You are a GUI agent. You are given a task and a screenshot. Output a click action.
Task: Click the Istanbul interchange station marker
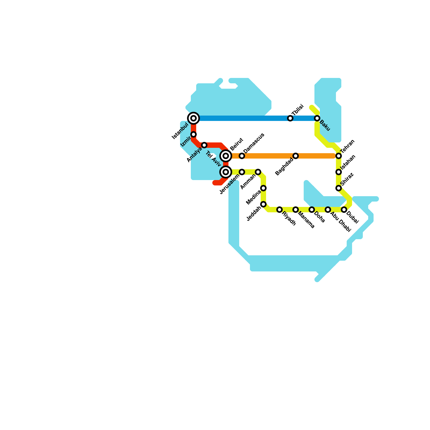(193, 118)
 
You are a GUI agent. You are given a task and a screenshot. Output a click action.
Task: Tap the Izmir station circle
(193, 134)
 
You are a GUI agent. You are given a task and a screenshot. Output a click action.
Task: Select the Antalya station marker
(204, 145)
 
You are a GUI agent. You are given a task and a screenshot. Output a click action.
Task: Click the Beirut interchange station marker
(226, 156)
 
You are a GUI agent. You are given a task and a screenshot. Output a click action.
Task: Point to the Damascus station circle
(242, 156)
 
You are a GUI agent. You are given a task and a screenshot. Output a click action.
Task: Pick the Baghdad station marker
(296, 156)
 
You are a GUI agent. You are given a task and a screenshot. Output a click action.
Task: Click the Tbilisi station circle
(290, 118)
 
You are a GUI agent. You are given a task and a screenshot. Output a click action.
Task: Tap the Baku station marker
(317, 118)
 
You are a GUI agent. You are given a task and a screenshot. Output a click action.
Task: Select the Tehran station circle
(339, 156)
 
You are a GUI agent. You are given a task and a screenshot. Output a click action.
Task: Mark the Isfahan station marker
(339, 172)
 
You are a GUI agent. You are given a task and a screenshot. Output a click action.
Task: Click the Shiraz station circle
(339, 188)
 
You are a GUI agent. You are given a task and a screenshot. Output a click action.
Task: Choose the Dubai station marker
(344, 210)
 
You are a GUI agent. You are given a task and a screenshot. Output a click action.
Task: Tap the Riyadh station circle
(279, 210)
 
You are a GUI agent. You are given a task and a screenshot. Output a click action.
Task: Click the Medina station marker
(263, 188)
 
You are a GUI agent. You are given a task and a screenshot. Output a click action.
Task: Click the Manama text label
(306, 220)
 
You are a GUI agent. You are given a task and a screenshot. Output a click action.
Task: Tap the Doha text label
(320, 217)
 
